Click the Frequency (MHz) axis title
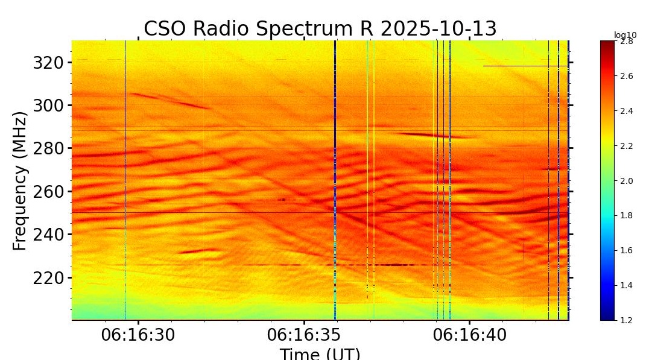[x=20, y=180]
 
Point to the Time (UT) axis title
[x=320, y=353]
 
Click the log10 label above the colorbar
[x=625, y=35]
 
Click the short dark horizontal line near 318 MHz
[x=525, y=66]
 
